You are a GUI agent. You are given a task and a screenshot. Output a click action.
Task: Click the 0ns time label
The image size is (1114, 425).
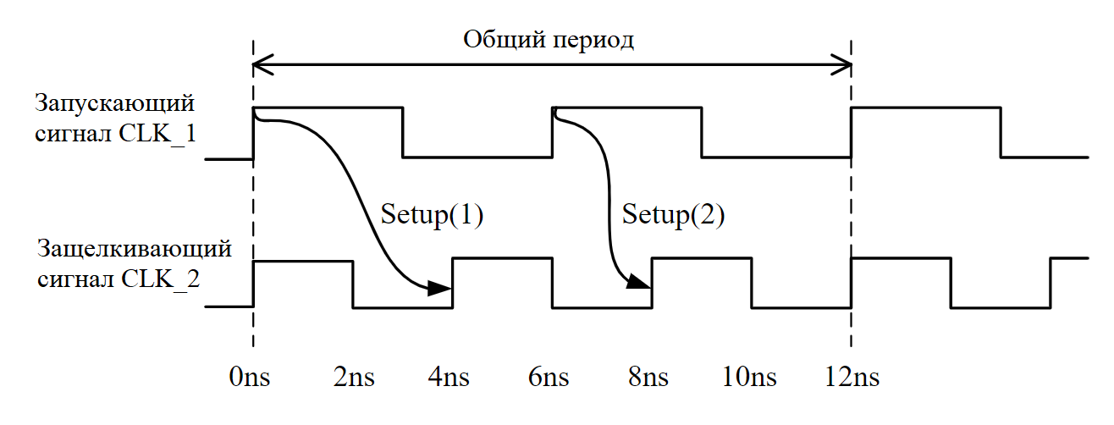pyautogui.click(x=250, y=377)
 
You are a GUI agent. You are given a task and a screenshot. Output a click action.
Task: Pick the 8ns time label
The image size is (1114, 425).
pyautogui.click(x=649, y=377)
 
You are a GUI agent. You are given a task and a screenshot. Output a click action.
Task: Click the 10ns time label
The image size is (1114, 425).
pyautogui.click(x=751, y=377)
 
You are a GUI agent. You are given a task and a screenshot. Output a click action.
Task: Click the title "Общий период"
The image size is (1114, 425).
pyautogui.click(x=549, y=40)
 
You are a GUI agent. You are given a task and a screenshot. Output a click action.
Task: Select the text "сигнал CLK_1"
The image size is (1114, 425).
pyautogui.click(x=116, y=133)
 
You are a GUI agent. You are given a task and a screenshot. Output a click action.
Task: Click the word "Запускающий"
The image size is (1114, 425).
pyautogui.click(x=114, y=104)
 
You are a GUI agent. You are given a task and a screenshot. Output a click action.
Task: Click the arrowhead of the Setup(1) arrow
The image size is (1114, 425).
pyautogui.click(x=440, y=289)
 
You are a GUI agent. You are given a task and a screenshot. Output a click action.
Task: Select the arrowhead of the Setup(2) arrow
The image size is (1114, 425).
pyautogui.click(x=638, y=283)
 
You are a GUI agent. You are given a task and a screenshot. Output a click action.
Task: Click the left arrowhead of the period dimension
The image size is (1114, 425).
pyautogui.click(x=262, y=63)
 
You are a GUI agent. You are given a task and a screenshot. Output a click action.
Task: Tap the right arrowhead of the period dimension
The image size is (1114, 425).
pyautogui.click(x=841, y=63)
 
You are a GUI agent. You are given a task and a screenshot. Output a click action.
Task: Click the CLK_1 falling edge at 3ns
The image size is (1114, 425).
pyautogui.click(x=403, y=133)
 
